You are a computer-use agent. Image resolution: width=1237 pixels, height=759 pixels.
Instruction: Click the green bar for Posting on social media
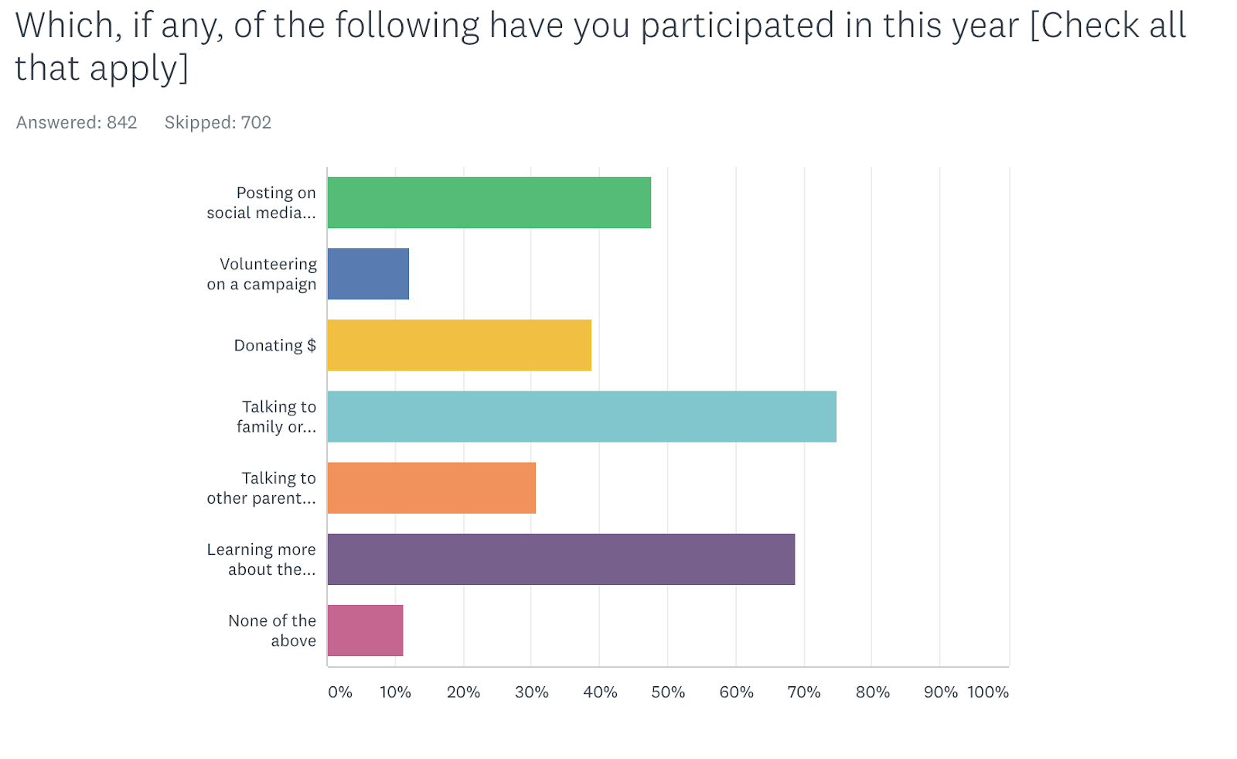(x=489, y=203)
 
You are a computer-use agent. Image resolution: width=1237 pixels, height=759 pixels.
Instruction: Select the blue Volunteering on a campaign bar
(x=368, y=274)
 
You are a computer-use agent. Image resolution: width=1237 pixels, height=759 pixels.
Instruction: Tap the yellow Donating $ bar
(x=459, y=345)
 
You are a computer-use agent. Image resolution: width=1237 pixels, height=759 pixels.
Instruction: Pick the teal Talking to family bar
(x=581, y=416)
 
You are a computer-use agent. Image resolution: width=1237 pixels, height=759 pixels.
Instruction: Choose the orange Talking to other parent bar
(x=431, y=487)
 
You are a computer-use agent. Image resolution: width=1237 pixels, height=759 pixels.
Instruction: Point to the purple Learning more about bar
(x=561, y=559)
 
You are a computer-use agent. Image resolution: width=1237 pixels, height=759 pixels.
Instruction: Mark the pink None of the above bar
(x=365, y=630)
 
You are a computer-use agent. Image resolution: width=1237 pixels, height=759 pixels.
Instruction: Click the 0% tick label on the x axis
(x=340, y=692)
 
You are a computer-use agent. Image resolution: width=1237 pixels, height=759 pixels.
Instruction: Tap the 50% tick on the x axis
(x=668, y=692)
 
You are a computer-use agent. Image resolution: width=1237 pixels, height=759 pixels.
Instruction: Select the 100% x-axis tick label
(x=988, y=692)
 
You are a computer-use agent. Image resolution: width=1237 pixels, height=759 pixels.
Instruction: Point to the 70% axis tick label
(x=804, y=692)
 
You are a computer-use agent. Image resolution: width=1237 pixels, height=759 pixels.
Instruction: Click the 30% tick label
(x=532, y=692)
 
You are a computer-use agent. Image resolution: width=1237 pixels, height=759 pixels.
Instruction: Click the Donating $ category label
(x=275, y=345)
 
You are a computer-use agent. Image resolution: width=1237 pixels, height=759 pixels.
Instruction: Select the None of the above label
(x=272, y=631)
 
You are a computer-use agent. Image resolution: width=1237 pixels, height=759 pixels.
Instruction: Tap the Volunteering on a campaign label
(x=262, y=274)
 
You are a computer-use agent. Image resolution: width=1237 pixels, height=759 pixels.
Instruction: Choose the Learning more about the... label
(x=261, y=559)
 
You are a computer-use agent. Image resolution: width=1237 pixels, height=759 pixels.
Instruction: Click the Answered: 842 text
(x=77, y=122)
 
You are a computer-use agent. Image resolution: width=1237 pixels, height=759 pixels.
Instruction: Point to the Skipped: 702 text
(x=218, y=122)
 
